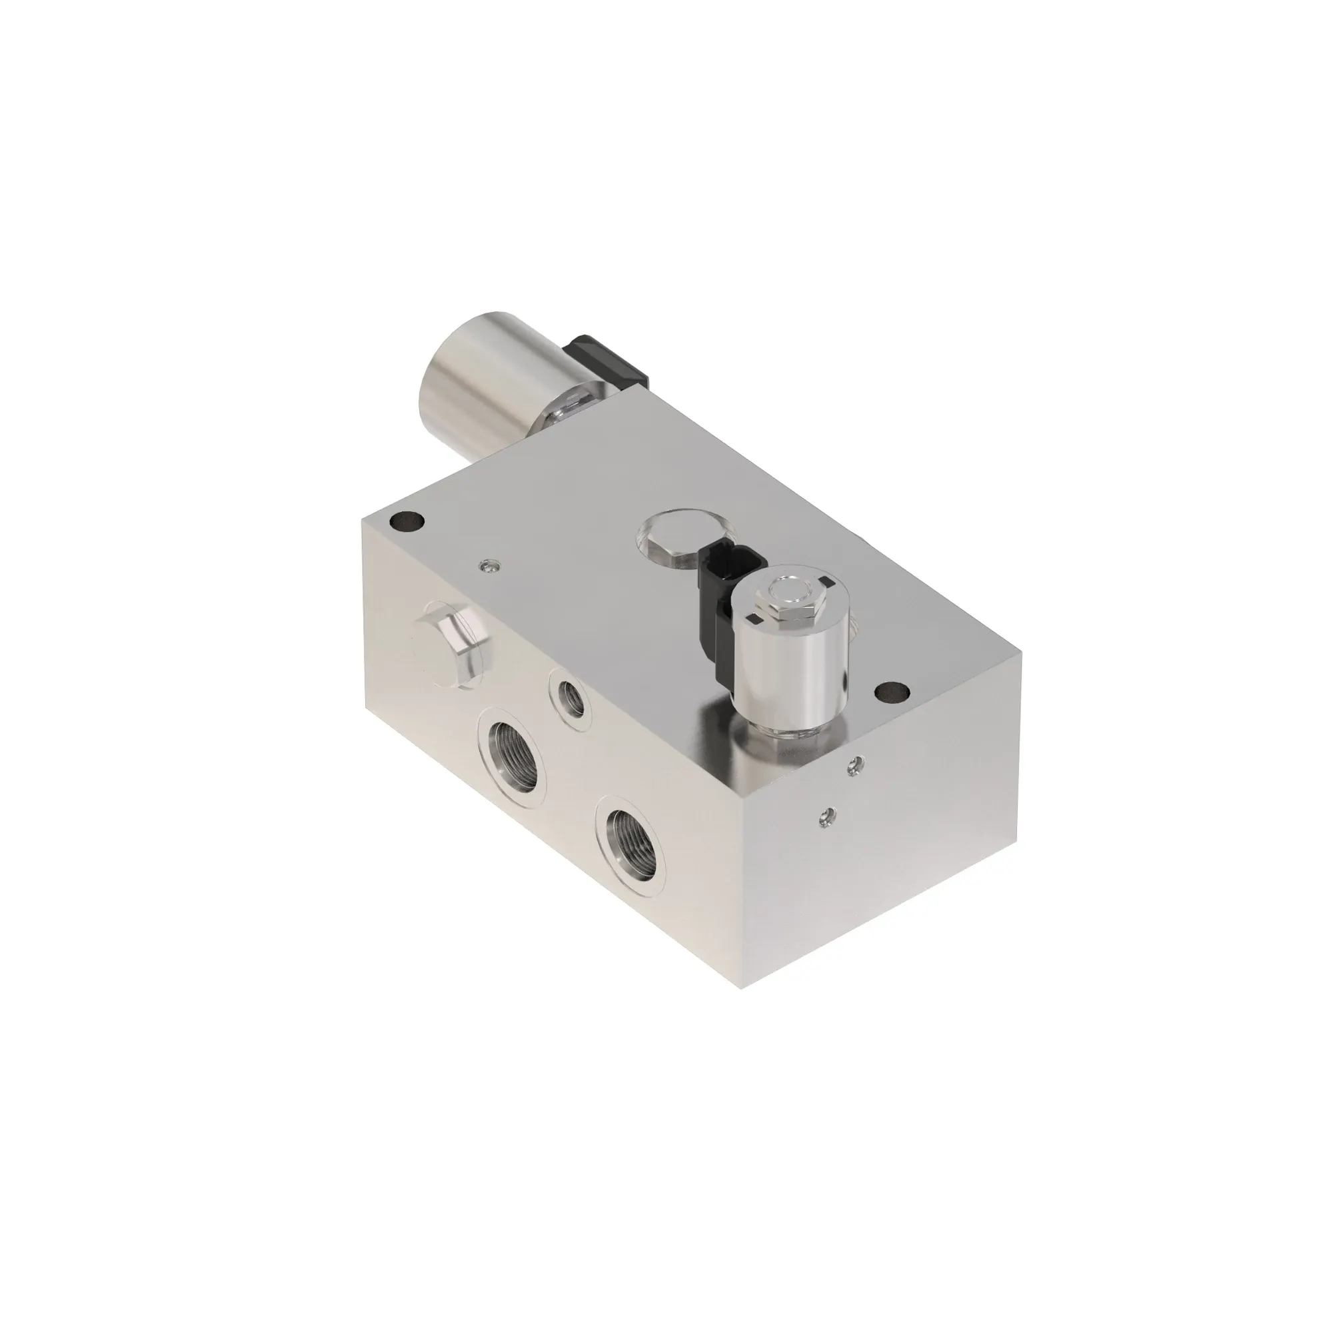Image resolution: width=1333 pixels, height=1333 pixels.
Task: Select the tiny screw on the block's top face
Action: (x=489, y=566)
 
